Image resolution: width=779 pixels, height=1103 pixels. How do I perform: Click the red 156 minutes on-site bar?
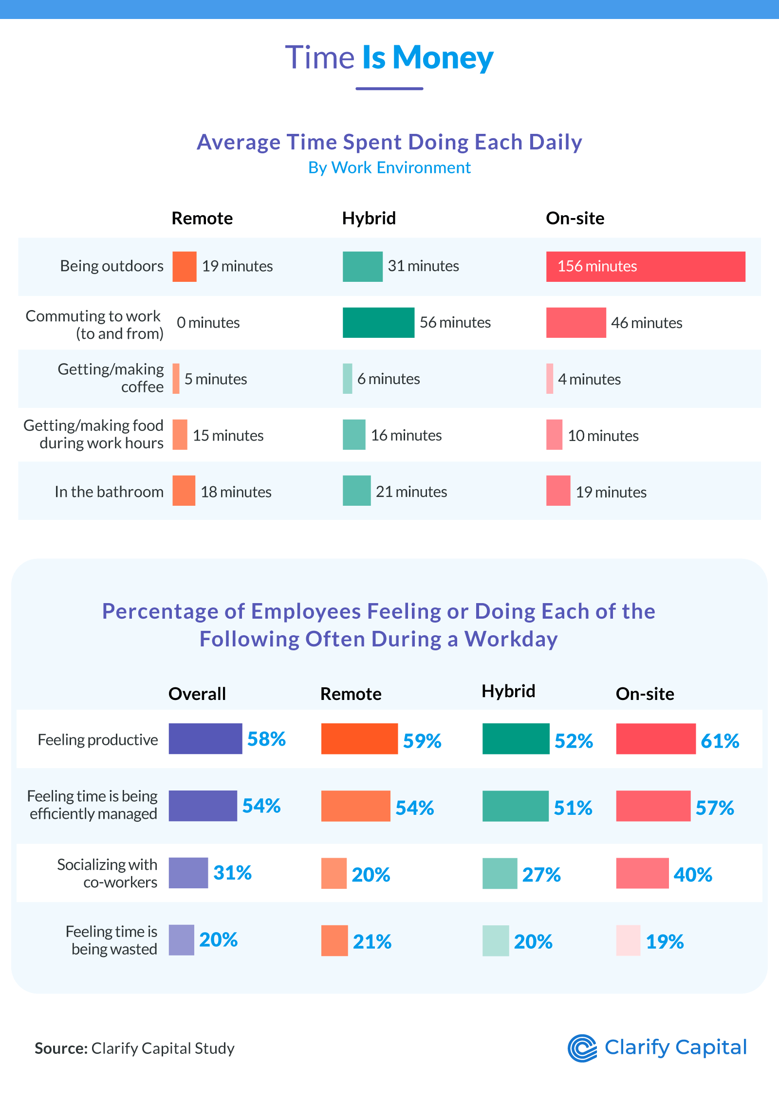646,267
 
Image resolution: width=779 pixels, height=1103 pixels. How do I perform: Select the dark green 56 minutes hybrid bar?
378,323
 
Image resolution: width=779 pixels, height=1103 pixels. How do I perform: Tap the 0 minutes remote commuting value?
208,323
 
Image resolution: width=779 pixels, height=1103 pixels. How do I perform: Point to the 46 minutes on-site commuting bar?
576,323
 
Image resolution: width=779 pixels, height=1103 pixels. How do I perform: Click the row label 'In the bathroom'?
109,492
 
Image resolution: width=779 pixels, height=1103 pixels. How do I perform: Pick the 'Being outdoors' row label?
111,266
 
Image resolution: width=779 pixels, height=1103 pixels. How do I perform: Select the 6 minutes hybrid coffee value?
389,379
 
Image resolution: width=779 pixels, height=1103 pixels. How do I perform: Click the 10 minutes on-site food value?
603,436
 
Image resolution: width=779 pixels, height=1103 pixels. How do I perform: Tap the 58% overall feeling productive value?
266,739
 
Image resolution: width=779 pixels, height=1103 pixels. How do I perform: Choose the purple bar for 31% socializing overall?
188,873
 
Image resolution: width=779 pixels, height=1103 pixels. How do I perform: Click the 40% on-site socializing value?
693,875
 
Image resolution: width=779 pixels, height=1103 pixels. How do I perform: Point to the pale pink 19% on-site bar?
628,940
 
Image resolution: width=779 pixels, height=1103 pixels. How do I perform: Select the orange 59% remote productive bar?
359,739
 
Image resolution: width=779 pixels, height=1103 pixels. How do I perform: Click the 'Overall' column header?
197,694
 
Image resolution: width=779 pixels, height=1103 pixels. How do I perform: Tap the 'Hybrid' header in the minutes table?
369,218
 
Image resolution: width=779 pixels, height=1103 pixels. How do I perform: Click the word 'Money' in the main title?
443,57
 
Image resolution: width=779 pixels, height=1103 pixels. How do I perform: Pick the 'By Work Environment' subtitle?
389,167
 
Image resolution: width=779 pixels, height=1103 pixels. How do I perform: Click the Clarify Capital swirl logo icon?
582,1048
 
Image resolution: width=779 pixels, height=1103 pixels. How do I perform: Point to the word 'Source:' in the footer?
61,1048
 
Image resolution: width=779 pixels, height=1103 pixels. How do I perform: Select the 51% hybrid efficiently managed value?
573,808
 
